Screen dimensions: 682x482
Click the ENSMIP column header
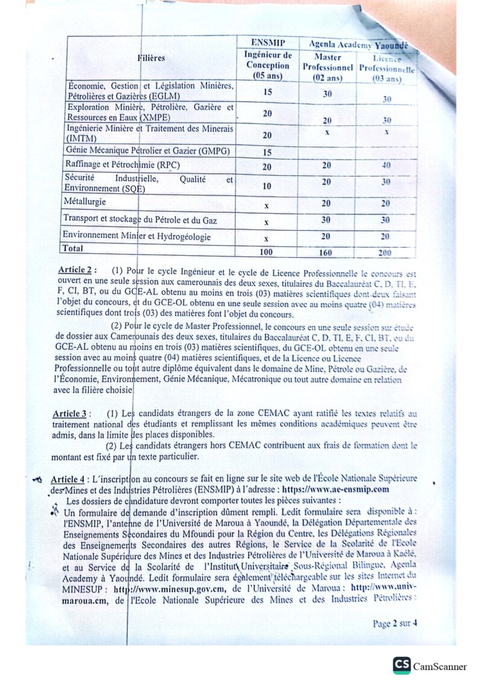(x=267, y=43)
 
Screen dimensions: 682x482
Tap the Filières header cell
(x=151, y=58)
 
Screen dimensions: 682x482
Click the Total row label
(x=73, y=248)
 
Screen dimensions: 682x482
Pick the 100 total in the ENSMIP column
(x=267, y=252)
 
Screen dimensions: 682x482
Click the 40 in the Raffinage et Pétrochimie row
(x=386, y=165)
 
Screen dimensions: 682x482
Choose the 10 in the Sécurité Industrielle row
(x=267, y=186)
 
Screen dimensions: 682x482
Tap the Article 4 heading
(x=67, y=480)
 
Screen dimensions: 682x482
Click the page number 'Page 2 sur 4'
(x=395, y=623)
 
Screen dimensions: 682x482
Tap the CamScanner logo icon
(x=402, y=665)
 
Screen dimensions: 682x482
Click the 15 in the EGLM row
(x=267, y=92)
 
